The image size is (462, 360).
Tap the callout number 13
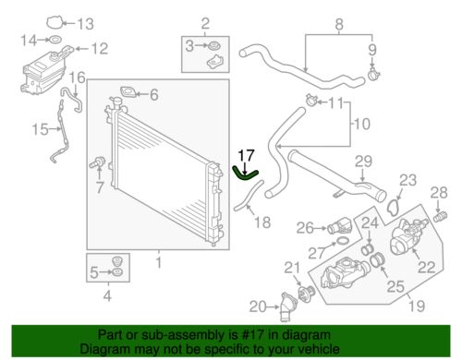(x=85, y=24)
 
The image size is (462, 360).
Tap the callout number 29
(x=363, y=162)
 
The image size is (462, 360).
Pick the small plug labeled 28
(x=440, y=222)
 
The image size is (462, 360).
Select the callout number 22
(x=427, y=267)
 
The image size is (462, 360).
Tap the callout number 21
(x=293, y=269)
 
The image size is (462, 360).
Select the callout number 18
(x=262, y=222)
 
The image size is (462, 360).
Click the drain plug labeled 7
(x=94, y=165)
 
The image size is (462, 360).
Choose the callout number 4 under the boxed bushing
(x=108, y=295)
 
